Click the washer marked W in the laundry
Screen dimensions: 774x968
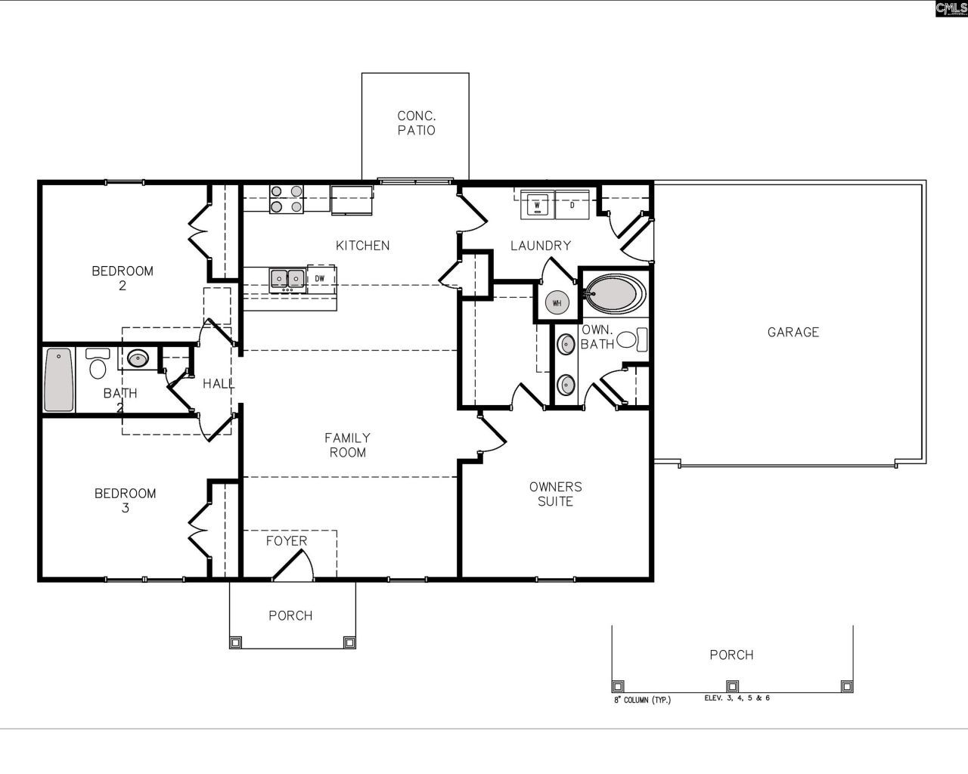537,204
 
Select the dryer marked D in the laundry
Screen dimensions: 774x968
572,204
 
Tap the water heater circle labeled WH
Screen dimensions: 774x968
557,303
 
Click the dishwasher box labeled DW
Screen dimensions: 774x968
320,279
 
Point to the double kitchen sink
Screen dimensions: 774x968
287,280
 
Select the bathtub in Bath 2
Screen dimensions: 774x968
59,379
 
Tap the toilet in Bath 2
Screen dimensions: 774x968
98,364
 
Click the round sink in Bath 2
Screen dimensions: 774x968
138,358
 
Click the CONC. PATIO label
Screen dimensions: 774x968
417,123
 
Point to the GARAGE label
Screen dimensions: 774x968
793,332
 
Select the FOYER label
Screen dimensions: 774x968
287,541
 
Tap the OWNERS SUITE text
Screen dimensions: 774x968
555,494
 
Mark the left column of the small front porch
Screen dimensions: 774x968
235,642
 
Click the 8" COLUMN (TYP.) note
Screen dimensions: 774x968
641,700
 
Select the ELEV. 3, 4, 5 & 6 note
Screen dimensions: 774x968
737,698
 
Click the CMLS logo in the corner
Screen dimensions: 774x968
951,8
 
